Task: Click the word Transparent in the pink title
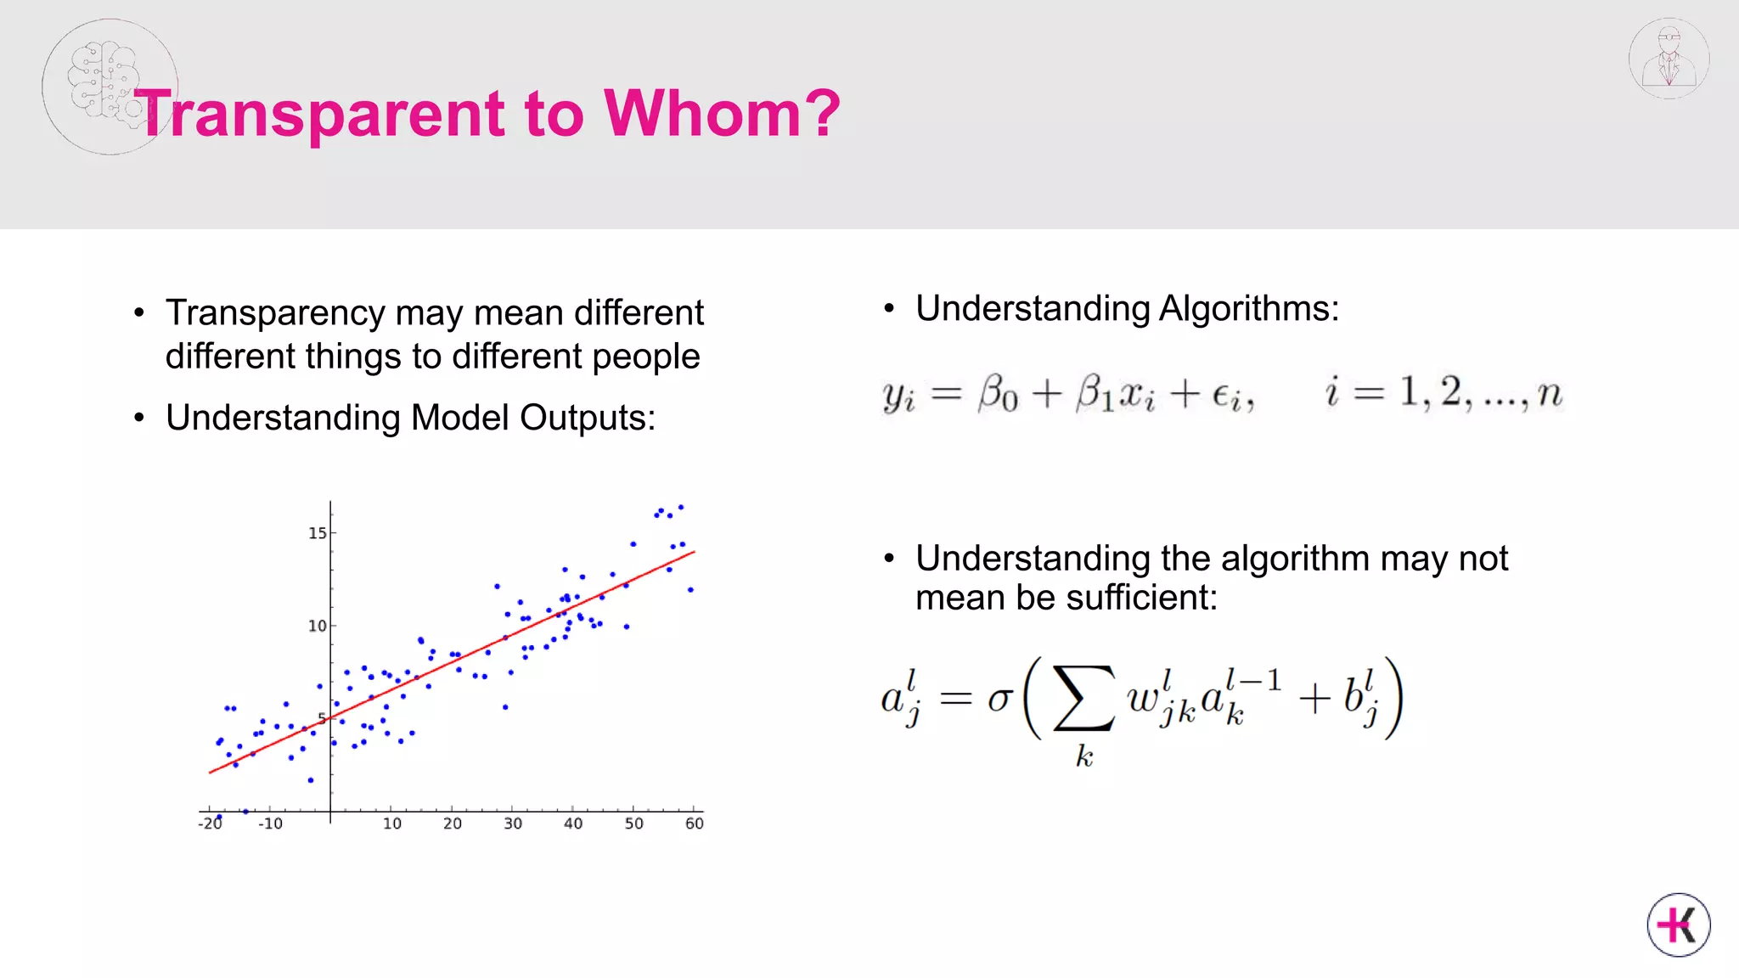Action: point(323,115)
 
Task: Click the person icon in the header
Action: point(1669,59)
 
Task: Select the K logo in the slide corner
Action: point(1679,925)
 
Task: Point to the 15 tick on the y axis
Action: point(318,533)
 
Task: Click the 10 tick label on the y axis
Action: point(317,627)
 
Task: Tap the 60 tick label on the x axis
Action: point(694,823)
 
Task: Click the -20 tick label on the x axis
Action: point(210,823)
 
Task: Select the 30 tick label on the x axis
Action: point(513,823)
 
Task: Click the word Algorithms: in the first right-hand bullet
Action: point(1248,308)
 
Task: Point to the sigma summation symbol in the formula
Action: point(1083,700)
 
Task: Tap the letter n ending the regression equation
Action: point(1550,394)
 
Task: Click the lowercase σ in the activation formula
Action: point(1000,700)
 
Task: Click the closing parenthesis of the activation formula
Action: point(1393,698)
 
